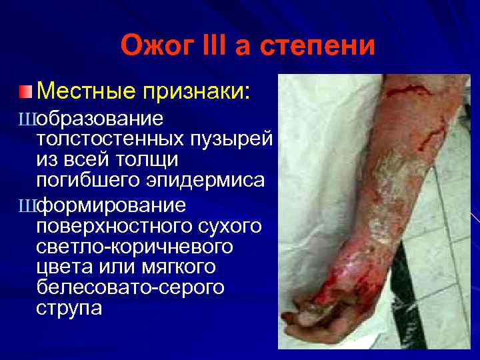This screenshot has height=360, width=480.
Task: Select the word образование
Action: pyautogui.click(x=101, y=119)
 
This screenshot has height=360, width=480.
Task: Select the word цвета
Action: pyautogui.click(x=64, y=267)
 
